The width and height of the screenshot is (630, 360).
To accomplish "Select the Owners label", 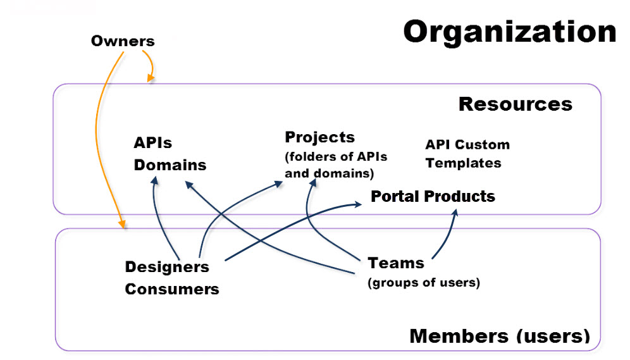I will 123,42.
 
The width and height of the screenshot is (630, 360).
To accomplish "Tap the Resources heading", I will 515,104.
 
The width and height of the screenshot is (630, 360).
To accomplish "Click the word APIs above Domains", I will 152,143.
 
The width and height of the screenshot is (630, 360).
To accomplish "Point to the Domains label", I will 170,165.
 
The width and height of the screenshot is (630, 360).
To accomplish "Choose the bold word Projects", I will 319,137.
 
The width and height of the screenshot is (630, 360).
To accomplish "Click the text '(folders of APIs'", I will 336,156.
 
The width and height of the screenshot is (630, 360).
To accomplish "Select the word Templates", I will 463,163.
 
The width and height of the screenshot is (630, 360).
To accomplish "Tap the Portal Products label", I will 433,197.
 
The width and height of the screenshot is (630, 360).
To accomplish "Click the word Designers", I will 167,267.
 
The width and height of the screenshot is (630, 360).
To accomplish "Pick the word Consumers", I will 171,289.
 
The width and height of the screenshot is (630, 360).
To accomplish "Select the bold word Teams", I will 396,263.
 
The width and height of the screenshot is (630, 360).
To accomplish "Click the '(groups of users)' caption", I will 423,283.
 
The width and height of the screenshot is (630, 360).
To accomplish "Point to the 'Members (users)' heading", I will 500,336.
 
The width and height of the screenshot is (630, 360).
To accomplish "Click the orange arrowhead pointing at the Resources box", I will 151,78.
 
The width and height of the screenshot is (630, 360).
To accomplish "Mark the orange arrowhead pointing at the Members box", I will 122,223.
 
